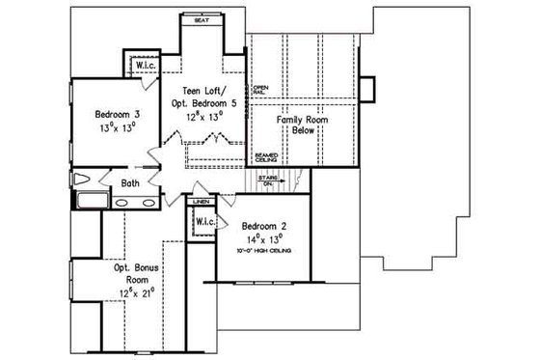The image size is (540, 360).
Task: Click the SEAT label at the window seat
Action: click(203, 19)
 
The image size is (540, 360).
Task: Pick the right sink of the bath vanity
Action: click(148, 203)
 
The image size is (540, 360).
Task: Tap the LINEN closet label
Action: click(201, 203)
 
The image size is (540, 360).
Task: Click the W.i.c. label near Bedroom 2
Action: click(205, 223)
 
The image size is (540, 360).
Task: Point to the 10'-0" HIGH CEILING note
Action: click(266, 251)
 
